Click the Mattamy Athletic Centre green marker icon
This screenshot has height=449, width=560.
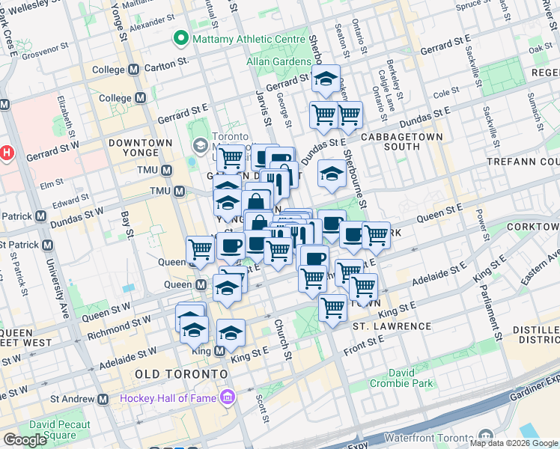click(180, 37)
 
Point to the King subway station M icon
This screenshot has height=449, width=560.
click(220, 350)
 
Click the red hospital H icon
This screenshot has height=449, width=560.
click(7, 152)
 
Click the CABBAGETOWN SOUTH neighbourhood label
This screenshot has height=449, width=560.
click(402, 141)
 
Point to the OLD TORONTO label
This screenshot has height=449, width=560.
click(180, 373)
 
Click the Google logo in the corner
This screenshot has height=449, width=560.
click(25, 439)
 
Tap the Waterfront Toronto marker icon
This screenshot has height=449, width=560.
click(487, 436)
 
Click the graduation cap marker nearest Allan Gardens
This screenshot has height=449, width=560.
click(326, 80)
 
